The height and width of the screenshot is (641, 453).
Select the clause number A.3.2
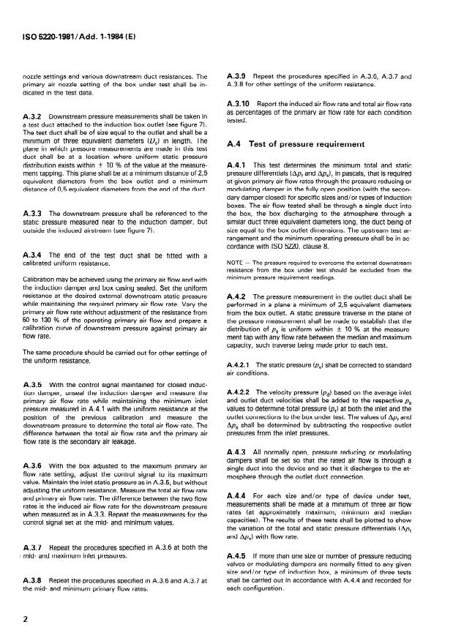click(34, 116)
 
